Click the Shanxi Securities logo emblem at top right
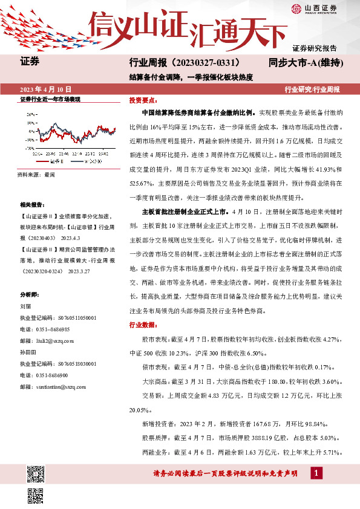(x=296, y=8)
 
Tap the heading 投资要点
(x=142, y=100)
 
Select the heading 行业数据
(x=142, y=325)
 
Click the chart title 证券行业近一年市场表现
(x=50, y=99)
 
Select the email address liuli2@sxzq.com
(x=56, y=341)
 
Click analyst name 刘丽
(x=25, y=306)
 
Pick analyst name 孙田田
(x=28, y=350)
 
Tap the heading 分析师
(x=30, y=294)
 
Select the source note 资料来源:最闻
(x=37, y=174)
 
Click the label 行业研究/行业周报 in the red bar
(x=312, y=89)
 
